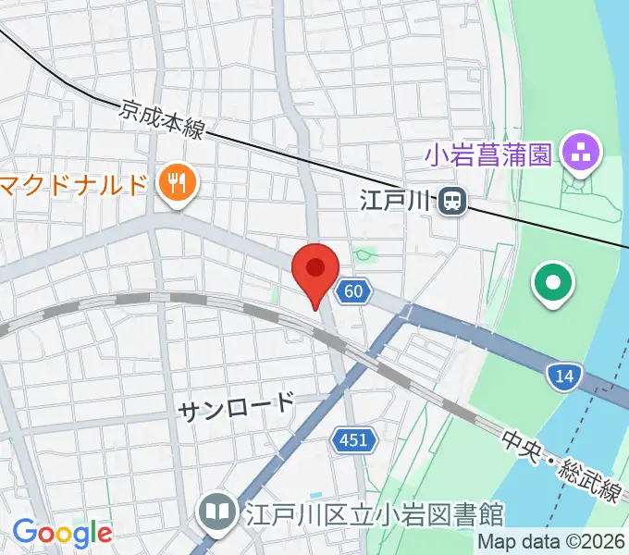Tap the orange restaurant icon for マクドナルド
175,183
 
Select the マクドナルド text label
74,182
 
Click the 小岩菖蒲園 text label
488,153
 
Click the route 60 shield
352,291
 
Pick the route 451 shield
353,441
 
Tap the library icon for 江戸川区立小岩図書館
218,512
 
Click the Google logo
61,533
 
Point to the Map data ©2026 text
551,542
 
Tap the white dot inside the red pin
314,267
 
